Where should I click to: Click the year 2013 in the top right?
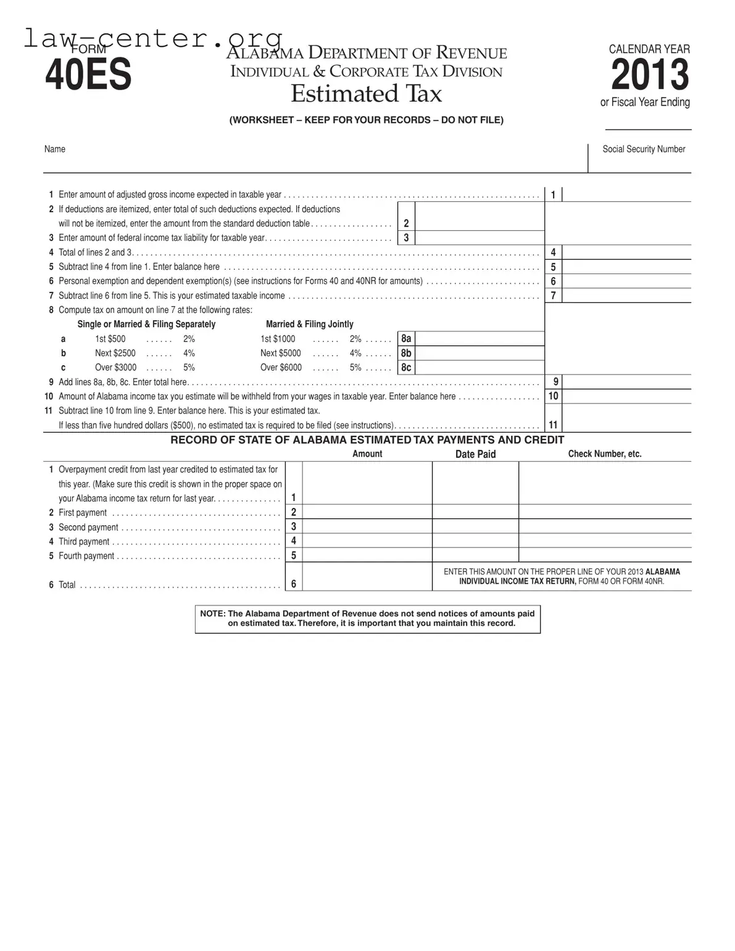(649, 75)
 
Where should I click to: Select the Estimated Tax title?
(366, 94)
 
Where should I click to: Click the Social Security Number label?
(644, 149)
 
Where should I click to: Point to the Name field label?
(54, 149)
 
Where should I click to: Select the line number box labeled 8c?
(406, 367)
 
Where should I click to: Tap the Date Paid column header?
(475, 454)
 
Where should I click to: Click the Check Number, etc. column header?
(604, 454)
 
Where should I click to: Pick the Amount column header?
(367, 454)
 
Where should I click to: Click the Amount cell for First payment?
(367, 512)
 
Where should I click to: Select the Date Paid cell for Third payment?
(475, 541)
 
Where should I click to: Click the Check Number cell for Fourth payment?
(604, 555)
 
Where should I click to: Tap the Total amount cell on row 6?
(367, 576)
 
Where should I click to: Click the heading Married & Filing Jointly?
(309, 324)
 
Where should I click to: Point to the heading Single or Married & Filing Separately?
(146, 324)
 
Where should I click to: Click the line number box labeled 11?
(553, 425)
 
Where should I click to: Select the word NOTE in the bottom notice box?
(212, 613)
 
